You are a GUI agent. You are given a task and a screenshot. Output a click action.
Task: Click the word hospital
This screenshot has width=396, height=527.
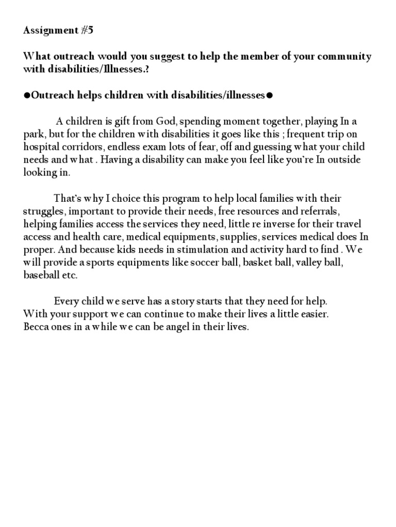[43, 147]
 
